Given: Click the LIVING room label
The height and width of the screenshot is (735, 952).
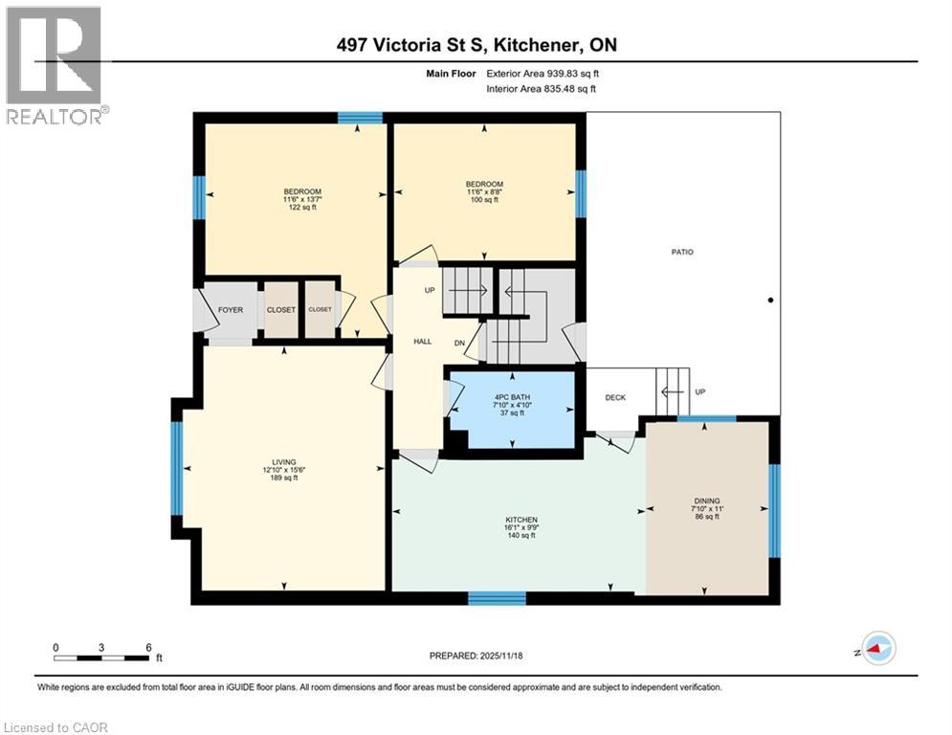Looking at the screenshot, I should point(284,469).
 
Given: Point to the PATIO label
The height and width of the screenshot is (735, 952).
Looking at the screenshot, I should point(681,253).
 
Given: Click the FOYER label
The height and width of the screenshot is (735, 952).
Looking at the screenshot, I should point(230,310).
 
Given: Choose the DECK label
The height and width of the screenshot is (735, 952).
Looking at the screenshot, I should point(615,398).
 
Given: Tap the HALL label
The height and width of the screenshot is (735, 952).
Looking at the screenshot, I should point(422,341).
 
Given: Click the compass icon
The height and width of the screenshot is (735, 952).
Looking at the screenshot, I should point(878,648).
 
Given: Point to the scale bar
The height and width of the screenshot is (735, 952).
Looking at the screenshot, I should point(101,657).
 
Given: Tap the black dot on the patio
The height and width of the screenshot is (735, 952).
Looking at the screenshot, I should point(770,301).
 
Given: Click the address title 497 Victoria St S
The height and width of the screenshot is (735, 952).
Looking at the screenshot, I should point(476,45).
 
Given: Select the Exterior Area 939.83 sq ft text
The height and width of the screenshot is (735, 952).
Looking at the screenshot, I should point(542,73).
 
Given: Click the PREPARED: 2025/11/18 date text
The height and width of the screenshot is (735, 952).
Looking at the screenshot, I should point(476,656).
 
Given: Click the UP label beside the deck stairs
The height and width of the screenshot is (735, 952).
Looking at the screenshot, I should point(698,392).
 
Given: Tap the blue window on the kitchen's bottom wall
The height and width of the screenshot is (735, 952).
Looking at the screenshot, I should point(497,598).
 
